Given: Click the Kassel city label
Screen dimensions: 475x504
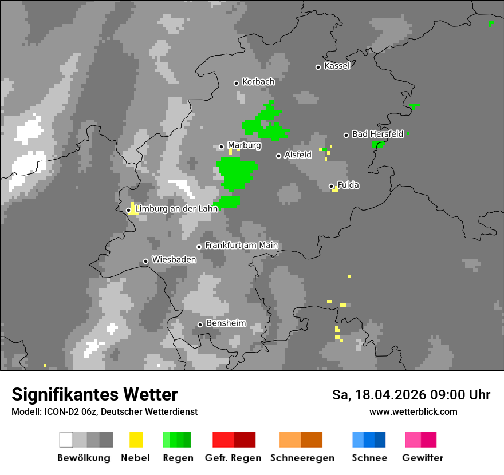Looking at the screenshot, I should (337, 66).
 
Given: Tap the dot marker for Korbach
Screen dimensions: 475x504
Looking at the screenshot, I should (236, 83).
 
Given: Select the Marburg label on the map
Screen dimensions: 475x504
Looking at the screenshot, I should (244, 145).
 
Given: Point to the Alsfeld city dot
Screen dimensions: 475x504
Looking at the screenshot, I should (278, 156).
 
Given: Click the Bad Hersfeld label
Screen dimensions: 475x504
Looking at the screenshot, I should (377, 134).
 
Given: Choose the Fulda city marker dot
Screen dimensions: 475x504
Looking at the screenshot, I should (331, 186).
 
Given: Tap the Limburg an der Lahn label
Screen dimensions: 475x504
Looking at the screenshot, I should (176, 209).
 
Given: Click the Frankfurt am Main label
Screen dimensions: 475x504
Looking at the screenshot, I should (241, 246).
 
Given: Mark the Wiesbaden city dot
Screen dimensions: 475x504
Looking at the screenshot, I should (146, 261).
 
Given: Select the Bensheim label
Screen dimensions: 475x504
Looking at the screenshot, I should (226, 323).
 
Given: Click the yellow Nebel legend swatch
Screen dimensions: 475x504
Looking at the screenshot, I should (136, 440).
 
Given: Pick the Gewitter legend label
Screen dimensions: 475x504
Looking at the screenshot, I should (422, 458).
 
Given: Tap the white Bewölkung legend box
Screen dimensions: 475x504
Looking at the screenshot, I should (66, 440).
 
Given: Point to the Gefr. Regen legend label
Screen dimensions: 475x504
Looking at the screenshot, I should (233, 458).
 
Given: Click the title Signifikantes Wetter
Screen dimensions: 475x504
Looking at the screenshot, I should (94, 395).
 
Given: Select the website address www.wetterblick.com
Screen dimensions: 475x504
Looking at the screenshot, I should (413, 412).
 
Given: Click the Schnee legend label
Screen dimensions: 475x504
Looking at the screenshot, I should (369, 458).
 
